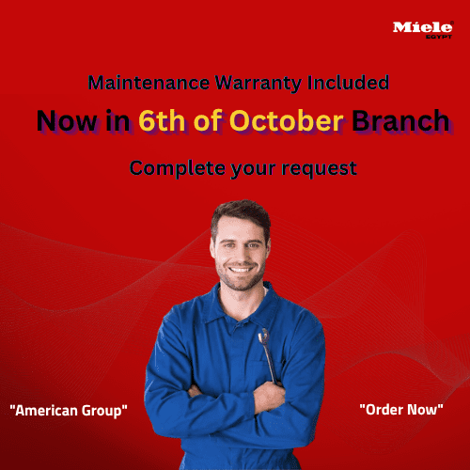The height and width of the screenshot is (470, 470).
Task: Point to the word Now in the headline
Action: (x=64, y=121)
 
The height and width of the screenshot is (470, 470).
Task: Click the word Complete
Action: (x=172, y=169)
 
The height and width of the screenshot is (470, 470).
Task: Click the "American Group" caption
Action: (x=69, y=411)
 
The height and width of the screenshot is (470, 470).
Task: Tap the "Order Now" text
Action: (x=401, y=410)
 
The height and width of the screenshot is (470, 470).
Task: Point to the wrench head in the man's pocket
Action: (x=264, y=337)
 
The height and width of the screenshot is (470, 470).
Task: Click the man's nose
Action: (x=239, y=255)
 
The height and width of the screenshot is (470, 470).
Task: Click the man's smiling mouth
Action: (x=239, y=272)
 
